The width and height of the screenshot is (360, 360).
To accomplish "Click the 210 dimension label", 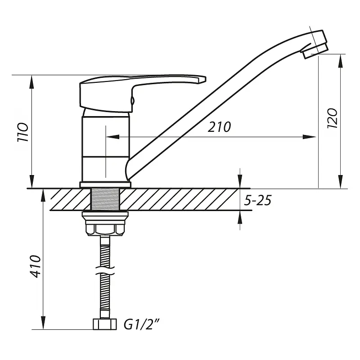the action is click(219, 127).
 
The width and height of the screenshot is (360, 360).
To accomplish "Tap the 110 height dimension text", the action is click(23, 132).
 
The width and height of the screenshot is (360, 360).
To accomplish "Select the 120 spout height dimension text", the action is click(332, 118).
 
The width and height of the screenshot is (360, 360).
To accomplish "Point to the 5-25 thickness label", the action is click(257, 200).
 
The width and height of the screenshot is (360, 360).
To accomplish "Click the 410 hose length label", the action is click(36, 266).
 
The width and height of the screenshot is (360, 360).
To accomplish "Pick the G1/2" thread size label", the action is click(141, 324).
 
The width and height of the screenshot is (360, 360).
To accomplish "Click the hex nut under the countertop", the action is click(105, 230).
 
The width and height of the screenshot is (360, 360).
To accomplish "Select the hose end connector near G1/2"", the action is click(105, 324).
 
